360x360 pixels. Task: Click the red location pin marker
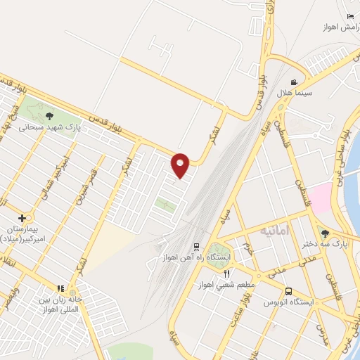click(x=181, y=165)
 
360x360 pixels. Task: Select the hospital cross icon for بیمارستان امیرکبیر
click(x=22, y=219)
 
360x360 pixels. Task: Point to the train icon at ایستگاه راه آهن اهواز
click(x=196, y=246)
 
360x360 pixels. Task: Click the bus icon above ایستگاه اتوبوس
click(x=289, y=291)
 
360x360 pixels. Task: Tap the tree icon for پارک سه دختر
click(x=325, y=233)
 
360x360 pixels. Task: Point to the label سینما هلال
click(x=308, y=93)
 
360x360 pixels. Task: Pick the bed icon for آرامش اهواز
click(x=350, y=16)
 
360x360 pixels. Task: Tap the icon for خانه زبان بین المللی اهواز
click(x=61, y=288)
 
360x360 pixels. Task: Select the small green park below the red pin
click(x=166, y=206)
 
